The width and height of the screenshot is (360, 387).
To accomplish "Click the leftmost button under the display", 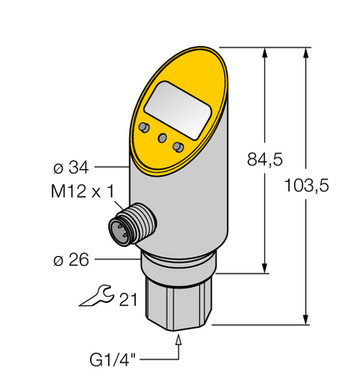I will (x=145, y=127).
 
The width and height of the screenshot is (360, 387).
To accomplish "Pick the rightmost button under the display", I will (x=177, y=147).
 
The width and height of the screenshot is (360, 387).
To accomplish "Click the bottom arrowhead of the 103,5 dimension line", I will (x=309, y=319).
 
